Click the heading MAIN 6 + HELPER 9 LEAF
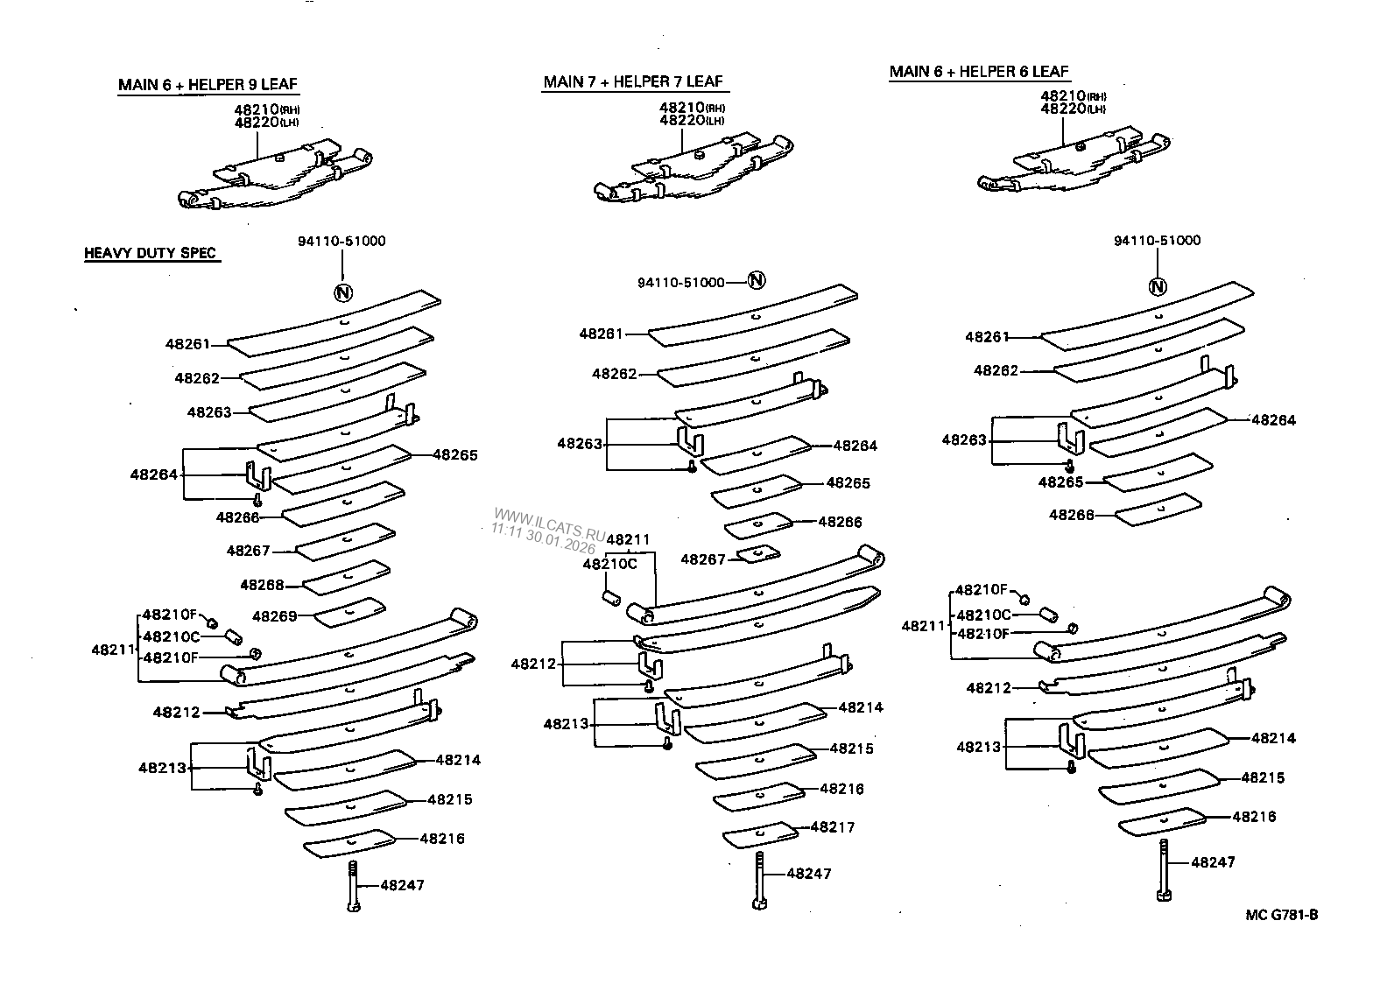pyautogui.click(x=208, y=85)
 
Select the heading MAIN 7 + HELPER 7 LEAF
pyautogui.click(x=633, y=81)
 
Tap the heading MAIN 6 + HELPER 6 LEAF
pyautogui.click(x=979, y=72)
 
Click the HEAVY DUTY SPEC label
pyautogui.click(x=150, y=254)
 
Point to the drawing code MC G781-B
pyautogui.click(x=1281, y=915)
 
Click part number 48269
pyautogui.click(x=274, y=615)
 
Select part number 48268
pyautogui.click(x=262, y=584)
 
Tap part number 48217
pyautogui.click(x=833, y=826)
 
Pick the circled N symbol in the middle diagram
pyautogui.click(x=757, y=280)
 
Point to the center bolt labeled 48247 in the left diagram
pyautogui.click(x=352, y=886)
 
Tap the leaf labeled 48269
pyautogui.click(x=349, y=612)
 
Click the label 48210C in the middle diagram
pyautogui.click(x=609, y=564)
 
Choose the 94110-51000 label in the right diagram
pyautogui.click(x=1157, y=241)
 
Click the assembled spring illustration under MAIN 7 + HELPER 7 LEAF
pyautogui.click(x=692, y=171)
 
